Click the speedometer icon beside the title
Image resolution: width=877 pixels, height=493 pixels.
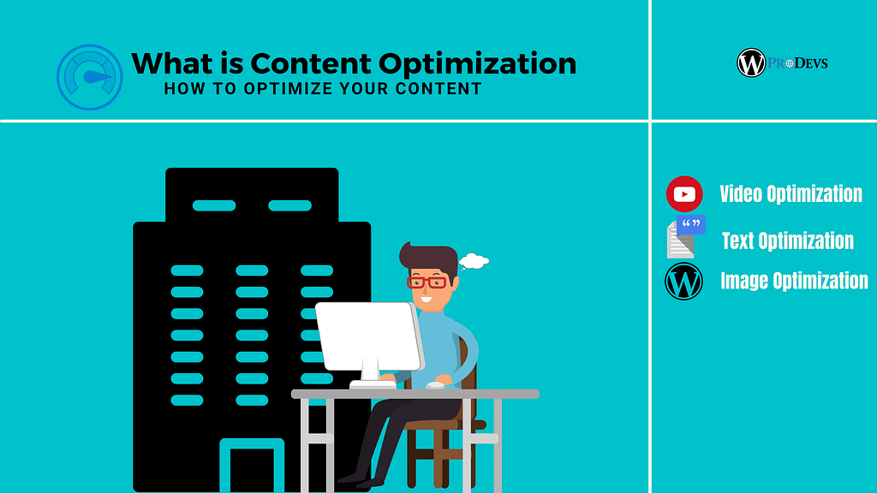coord(90,77)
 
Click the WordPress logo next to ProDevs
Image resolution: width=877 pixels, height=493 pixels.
coord(750,62)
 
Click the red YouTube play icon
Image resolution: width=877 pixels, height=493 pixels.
coord(684,194)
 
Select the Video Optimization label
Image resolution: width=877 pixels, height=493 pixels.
coord(790,194)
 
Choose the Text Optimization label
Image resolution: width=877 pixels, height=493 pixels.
coord(787,241)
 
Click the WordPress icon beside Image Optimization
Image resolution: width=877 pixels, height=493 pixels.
coord(683,282)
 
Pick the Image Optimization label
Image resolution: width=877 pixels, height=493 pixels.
coord(794,281)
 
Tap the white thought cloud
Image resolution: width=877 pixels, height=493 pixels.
coord(474,260)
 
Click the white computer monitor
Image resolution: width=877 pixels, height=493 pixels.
coord(369,336)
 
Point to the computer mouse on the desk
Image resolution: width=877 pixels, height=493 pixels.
coord(436,385)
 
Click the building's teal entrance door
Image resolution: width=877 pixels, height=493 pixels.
coord(252,467)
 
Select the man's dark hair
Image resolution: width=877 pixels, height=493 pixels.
coord(428,257)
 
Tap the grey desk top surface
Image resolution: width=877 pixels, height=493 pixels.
coord(415,394)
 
